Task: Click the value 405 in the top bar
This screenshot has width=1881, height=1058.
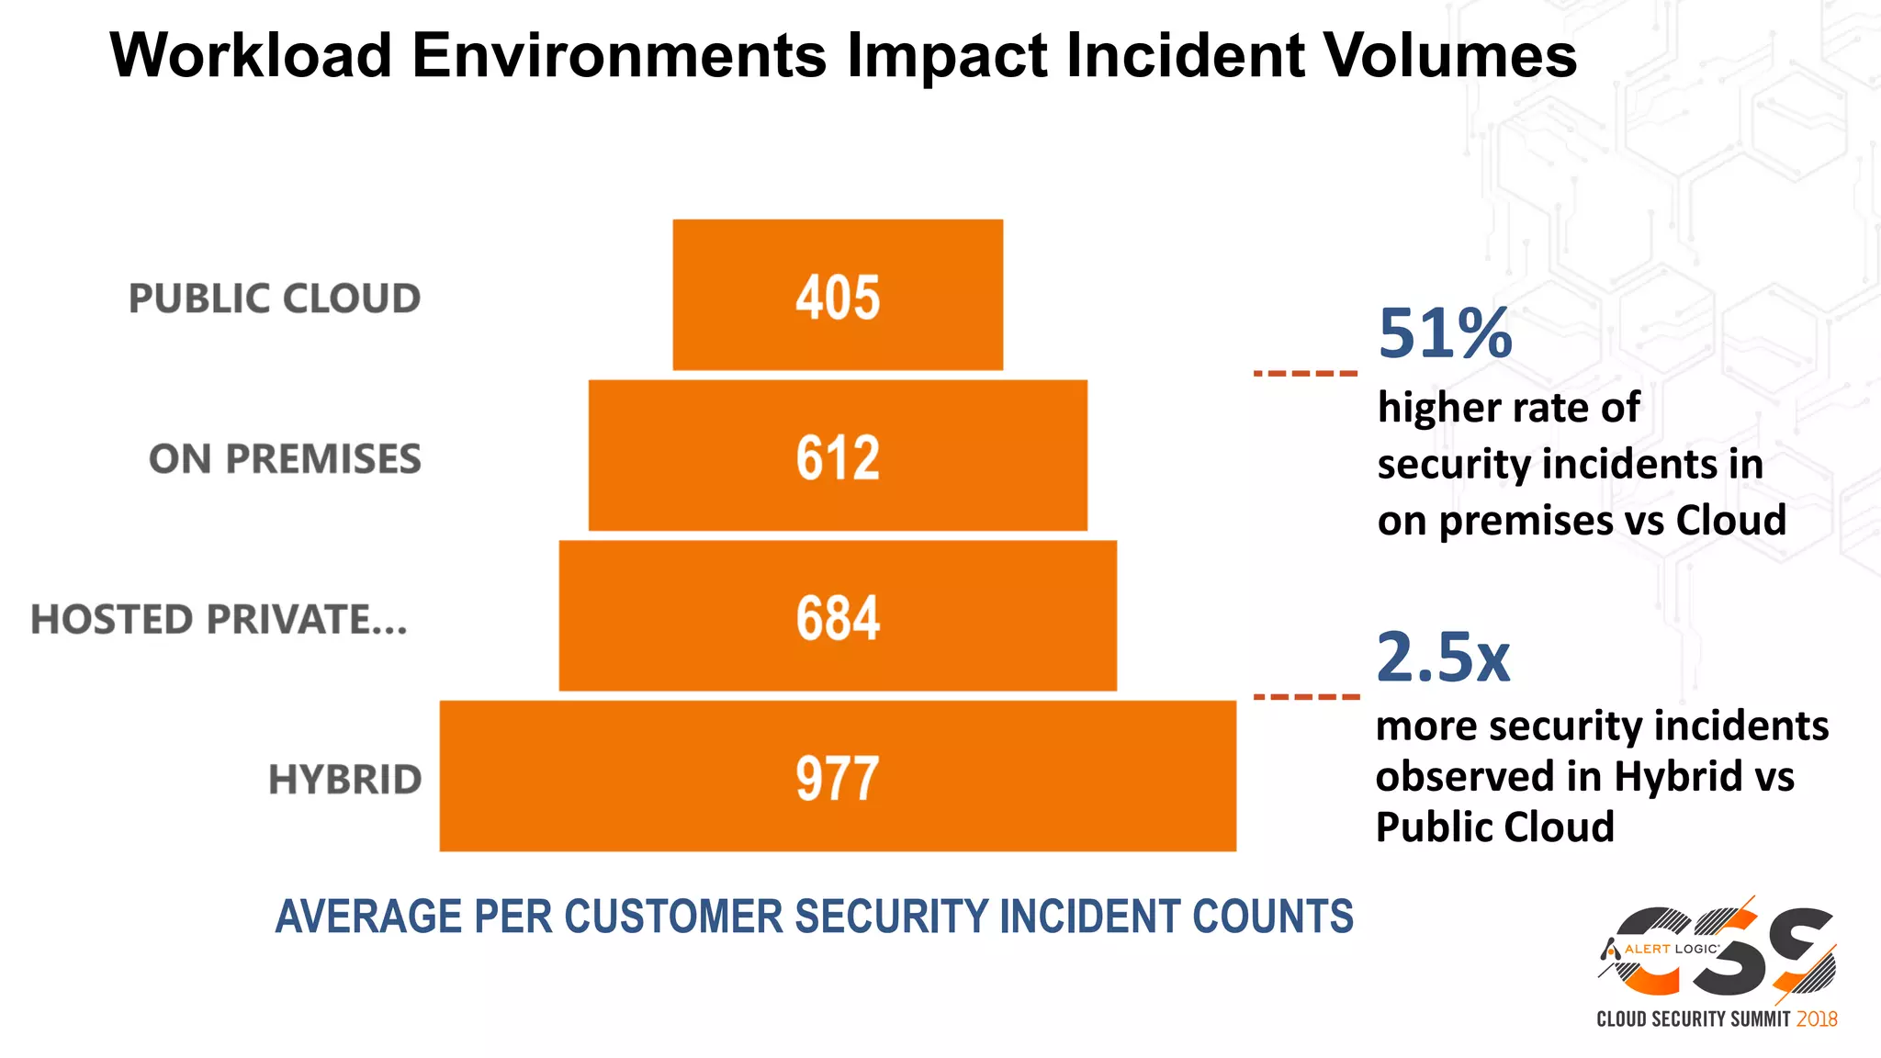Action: pos(838,298)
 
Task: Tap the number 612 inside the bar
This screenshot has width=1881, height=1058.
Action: pos(838,457)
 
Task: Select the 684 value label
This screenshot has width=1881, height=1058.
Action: pos(838,618)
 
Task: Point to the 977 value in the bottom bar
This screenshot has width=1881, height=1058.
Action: pos(838,779)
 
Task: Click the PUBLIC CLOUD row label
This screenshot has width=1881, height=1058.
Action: pos(275,298)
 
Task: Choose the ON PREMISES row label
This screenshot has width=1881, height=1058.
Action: pos(285,459)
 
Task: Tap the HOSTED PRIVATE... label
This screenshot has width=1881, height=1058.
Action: pos(219,619)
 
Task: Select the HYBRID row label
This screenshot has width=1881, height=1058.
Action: pos(344,780)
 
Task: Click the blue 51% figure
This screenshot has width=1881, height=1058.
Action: pos(1445,333)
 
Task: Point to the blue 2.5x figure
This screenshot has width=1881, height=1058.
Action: pos(1443,657)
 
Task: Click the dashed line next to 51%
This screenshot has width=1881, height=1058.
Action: pos(1305,374)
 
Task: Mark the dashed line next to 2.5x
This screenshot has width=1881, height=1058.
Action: pos(1305,697)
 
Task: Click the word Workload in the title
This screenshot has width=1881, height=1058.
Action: pos(251,55)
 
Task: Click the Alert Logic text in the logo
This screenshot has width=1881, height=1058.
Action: pos(1671,949)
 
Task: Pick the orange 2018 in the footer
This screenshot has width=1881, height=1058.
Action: pos(1817,1019)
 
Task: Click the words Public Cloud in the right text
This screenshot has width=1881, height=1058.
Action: pos(1494,827)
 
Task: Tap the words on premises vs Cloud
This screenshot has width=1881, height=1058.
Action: pos(1582,521)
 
